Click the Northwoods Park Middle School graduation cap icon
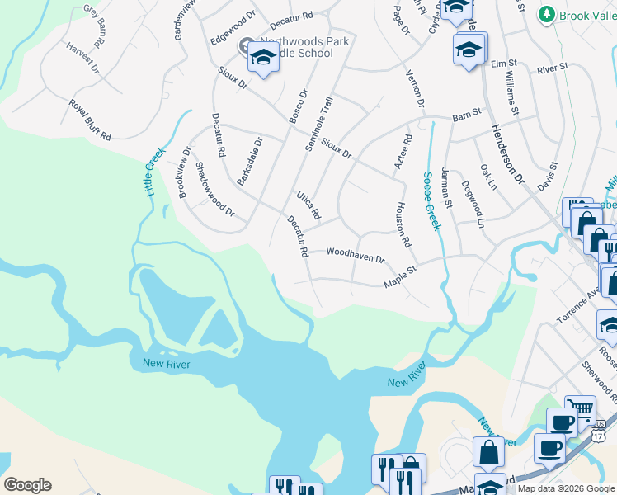click(x=263, y=57)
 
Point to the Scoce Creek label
click(x=431, y=200)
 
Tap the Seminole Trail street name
click(x=318, y=124)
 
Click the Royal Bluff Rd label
click(x=90, y=120)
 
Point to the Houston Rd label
click(x=403, y=225)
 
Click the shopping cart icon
click(x=581, y=408)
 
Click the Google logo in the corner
click(x=27, y=485)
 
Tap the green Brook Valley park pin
click(x=545, y=15)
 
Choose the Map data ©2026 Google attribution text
click(x=566, y=488)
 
